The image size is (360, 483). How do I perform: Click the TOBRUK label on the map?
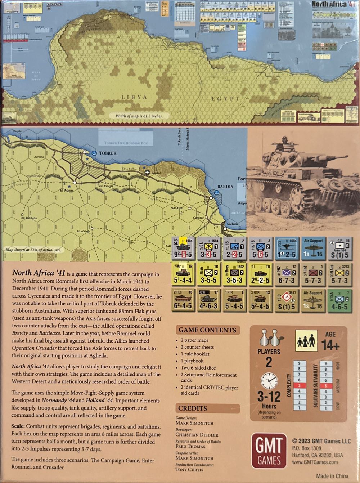tap(108, 153)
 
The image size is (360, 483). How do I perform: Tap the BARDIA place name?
tap(225, 187)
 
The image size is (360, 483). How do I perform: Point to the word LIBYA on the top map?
tap(134, 97)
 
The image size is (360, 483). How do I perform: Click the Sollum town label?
tap(232, 224)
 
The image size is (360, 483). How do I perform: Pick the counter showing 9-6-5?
tap(183, 249)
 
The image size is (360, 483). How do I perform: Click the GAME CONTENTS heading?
tap(207, 330)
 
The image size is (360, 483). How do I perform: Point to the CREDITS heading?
tap(193, 408)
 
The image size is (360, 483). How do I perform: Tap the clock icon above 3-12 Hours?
tap(269, 381)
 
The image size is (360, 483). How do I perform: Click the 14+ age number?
tap(330, 345)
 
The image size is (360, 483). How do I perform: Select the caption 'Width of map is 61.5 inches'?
tap(139, 116)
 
